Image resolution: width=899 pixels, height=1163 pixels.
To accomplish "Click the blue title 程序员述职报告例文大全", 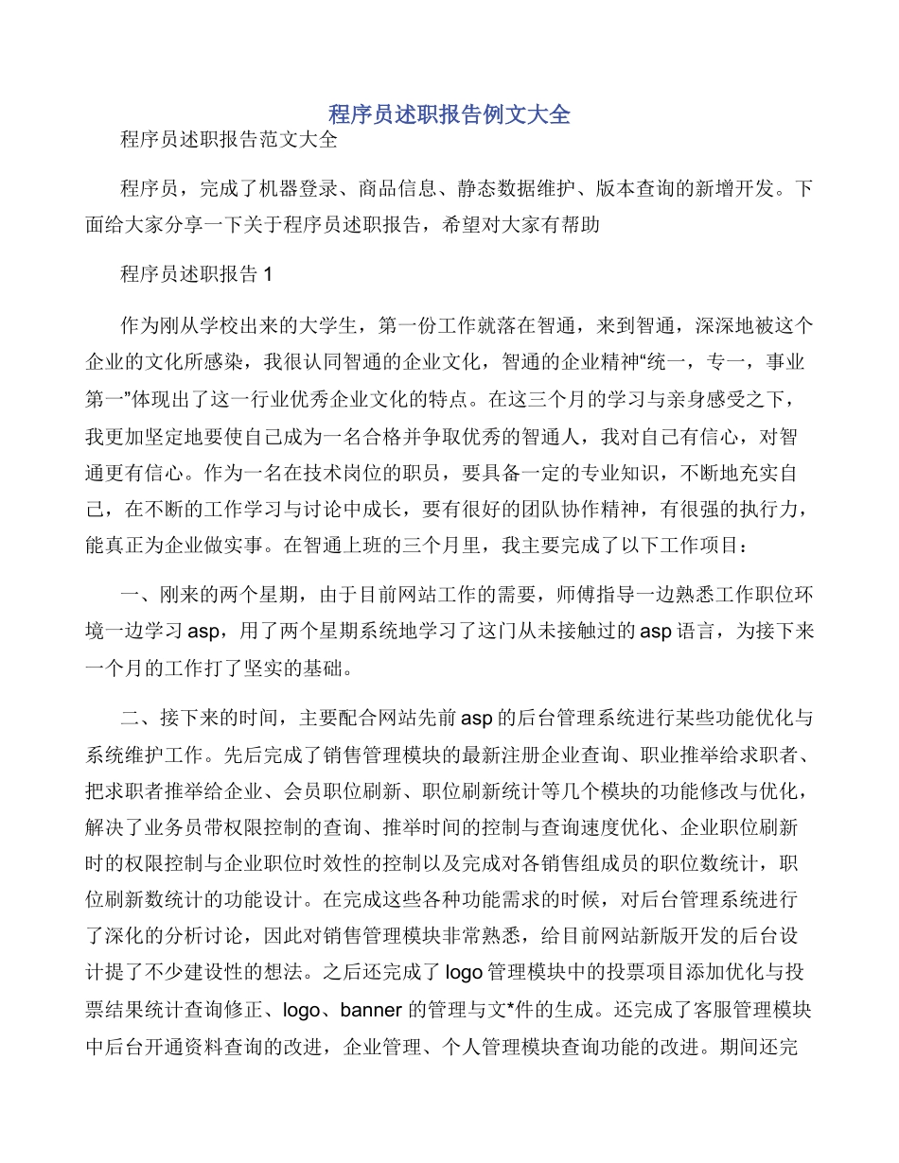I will click(449, 114).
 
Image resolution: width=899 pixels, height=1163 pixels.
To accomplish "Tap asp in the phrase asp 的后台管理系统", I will click(475, 718).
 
